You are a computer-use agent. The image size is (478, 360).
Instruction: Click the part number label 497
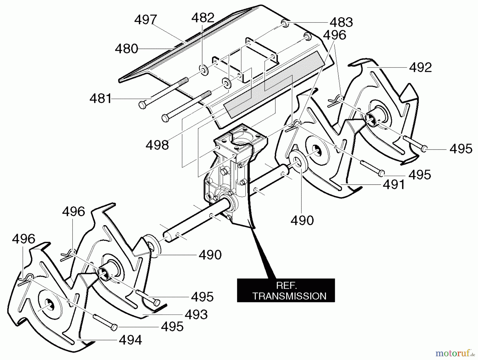pyautogui.click(x=146, y=20)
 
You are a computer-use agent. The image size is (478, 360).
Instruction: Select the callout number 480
pyautogui.click(x=126, y=49)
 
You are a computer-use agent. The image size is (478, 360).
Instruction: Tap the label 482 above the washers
pyautogui.click(x=203, y=18)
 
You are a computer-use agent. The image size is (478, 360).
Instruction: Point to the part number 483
pyautogui.click(x=341, y=22)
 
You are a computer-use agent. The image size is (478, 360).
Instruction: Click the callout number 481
pyautogui.click(x=101, y=99)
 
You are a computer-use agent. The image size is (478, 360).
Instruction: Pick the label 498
pyautogui.click(x=157, y=145)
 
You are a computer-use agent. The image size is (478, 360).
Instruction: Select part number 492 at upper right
pyautogui.click(x=420, y=67)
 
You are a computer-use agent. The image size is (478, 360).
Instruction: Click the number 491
pyautogui.click(x=394, y=185)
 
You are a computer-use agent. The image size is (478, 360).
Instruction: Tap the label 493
pyautogui.click(x=196, y=315)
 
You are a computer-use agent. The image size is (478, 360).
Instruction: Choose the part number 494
pyautogui.click(x=130, y=340)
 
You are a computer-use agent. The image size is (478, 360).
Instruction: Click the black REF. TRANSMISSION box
pyautogui.click(x=286, y=290)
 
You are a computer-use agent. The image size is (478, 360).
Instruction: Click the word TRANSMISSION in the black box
pyautogui.click(x=289, y=296)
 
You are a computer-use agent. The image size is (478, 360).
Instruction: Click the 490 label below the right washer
pyautogui.click(x=302, y=220)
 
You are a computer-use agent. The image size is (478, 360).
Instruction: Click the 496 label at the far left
pyautogui.click(x=23, y=239)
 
